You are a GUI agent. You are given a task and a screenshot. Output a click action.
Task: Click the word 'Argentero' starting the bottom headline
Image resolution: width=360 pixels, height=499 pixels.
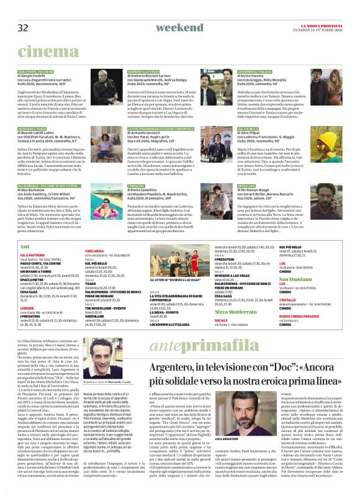172,371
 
